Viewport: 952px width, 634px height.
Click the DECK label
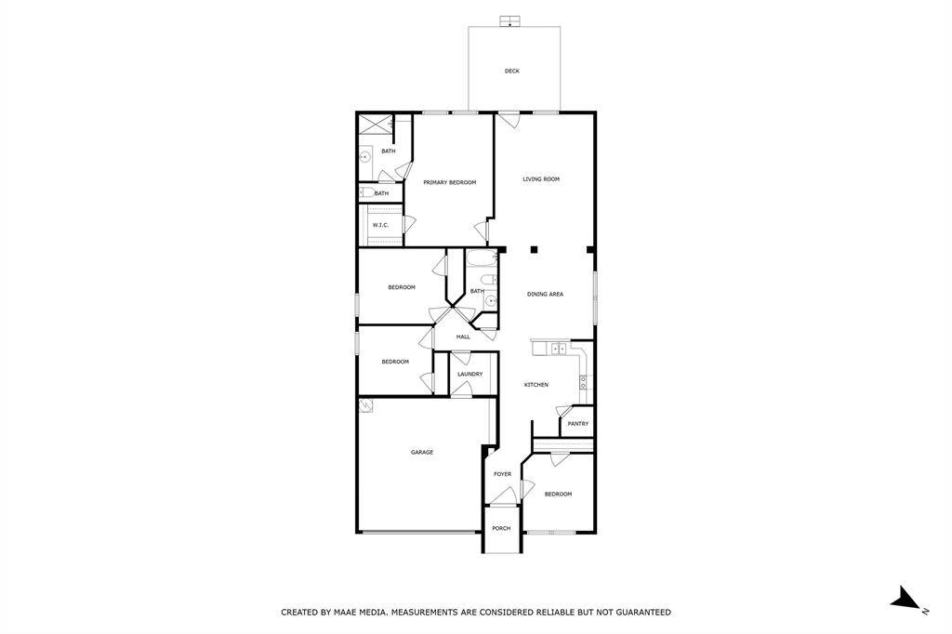pyautogui.click(x=512, y=71)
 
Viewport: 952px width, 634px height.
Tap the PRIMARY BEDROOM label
pyautogui.click(x=449, y=182)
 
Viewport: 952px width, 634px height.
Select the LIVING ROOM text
pyautogui.click(x=541, y=178)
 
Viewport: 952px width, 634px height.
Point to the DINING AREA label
pyautogui.click(x=545, y=294)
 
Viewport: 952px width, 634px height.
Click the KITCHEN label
pyautogui.click(x=536, y=384)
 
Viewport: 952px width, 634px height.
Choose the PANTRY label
pyautogui.click(x=578, y=423)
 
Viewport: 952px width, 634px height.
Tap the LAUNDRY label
pyautogui.click(x=469, y=374)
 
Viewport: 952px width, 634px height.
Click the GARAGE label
pyautogui.click(x=422, y=452)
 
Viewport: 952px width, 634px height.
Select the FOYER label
pyautogui.click(x=502, y=474)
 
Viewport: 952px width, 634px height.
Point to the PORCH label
pyautogui.click(x=501, y=528)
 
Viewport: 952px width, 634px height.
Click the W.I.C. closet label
pyautogui.click(x=380, y=225)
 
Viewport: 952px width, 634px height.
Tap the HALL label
pyautogui.click(x=462, y=337)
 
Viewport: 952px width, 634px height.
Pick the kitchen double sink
pyautogui.click(x=558, y=349)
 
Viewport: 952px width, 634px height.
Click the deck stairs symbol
pyautogui.click(x=510, y=21)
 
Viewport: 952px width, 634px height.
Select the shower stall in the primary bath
pyautogui.click(x=375, y=125)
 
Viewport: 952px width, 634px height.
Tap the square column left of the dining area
pyautogui.click(x=535, y=249)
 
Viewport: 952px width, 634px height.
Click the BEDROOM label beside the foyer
pyautogui.click(x=558, y=494)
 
